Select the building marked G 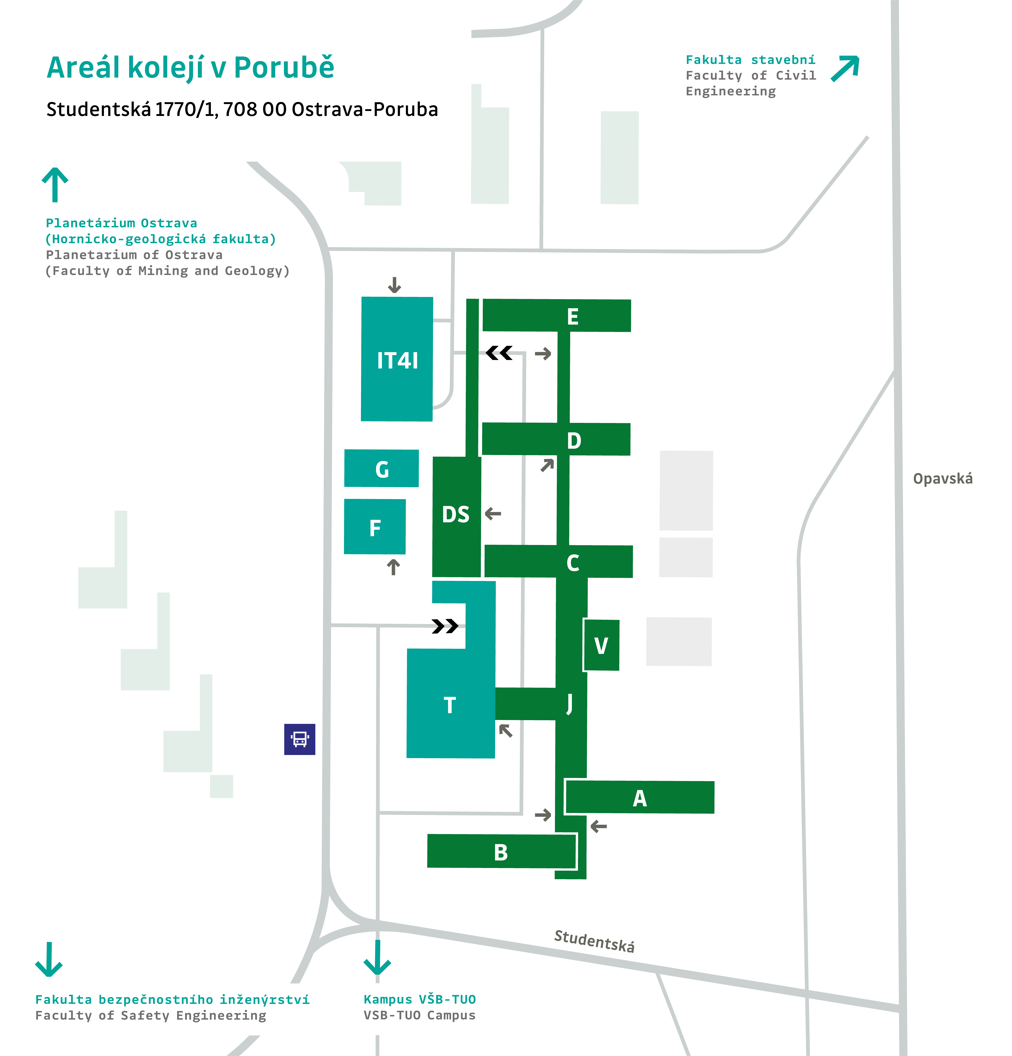click(x=382, y=469)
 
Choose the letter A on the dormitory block click(x=639, y=798)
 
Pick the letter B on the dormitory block click(x=501, y=852)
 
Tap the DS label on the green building click(x=456, y=515)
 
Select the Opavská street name click(x=942, y=478)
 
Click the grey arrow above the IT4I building click(x=395, y=285)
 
